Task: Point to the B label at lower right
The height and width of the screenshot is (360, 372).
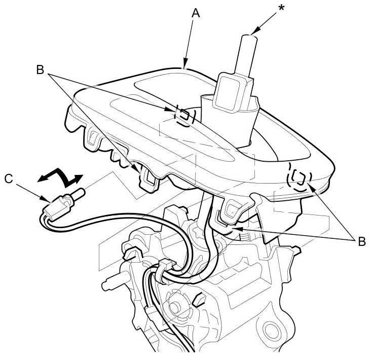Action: coord(361,241)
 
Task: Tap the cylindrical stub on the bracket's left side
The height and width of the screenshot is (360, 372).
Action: coord(111,284)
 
